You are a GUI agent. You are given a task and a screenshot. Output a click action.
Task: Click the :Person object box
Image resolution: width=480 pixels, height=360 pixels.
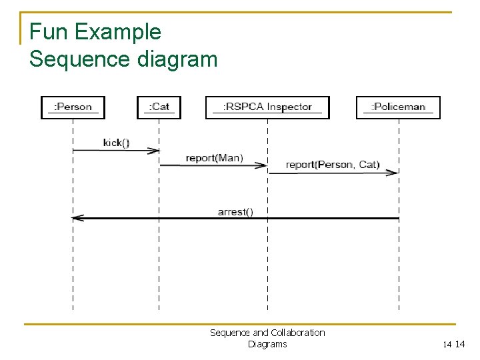[x=73, y=107]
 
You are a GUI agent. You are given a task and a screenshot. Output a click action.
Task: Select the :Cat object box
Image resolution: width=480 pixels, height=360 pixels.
[x=159, y=107]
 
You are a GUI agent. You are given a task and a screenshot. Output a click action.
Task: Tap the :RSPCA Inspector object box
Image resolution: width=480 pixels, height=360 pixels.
[x=267, y=107]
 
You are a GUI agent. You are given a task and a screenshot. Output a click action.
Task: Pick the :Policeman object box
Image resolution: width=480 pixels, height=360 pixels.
[x=398, y=107]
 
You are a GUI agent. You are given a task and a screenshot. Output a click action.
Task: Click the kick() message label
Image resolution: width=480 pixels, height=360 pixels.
[x=116, y=143]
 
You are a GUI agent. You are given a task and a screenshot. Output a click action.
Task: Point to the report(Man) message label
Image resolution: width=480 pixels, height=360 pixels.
[x=214, y=158]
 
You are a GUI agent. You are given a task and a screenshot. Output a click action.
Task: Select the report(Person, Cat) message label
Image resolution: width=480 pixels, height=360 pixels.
[x=332, y=165]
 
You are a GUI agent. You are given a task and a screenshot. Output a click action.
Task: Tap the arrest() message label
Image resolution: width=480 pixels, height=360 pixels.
[x=235, y=212]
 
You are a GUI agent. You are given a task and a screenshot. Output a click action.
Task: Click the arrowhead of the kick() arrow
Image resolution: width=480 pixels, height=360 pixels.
[x=155, y=151]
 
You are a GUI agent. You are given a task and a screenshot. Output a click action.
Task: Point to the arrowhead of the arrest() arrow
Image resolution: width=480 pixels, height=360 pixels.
[x=76, y=218]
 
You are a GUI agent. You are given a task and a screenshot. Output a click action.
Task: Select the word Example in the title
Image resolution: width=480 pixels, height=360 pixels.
[x=117, y=32]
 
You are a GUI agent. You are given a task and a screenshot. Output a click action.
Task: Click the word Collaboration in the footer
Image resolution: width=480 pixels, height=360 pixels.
[x=297, y=333]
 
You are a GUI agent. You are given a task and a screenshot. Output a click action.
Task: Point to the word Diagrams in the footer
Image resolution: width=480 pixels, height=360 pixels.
[x=267, y=344]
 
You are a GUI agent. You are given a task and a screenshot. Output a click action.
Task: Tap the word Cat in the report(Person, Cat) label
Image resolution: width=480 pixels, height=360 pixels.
[x=367, y=165]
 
